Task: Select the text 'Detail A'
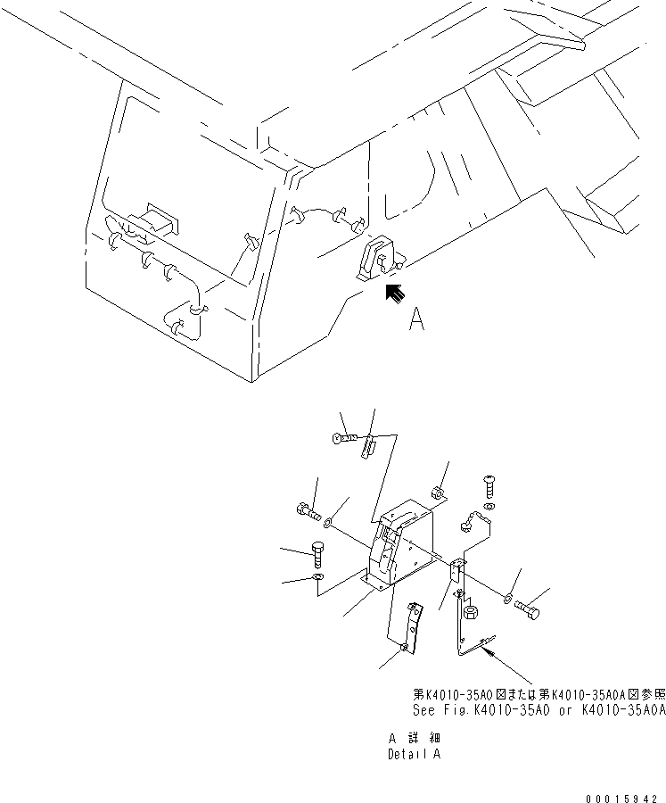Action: pyautogui.click(x=414, y=754)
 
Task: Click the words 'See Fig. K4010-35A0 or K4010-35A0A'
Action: pyautogui.click(x=539, y=710)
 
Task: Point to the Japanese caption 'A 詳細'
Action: pyautogui.click(x=414, y=739)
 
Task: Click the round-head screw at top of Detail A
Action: pyautogui.click(x=346, y=438)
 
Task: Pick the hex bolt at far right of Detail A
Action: pyautogui.click(x=528, y=609)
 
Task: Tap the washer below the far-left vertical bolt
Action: pyautogui.click(x=319, y=585)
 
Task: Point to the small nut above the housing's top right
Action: pyautogui.click(x=439, y=491)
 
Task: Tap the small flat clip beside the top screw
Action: pyautogui.click(x=369, y=445)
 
